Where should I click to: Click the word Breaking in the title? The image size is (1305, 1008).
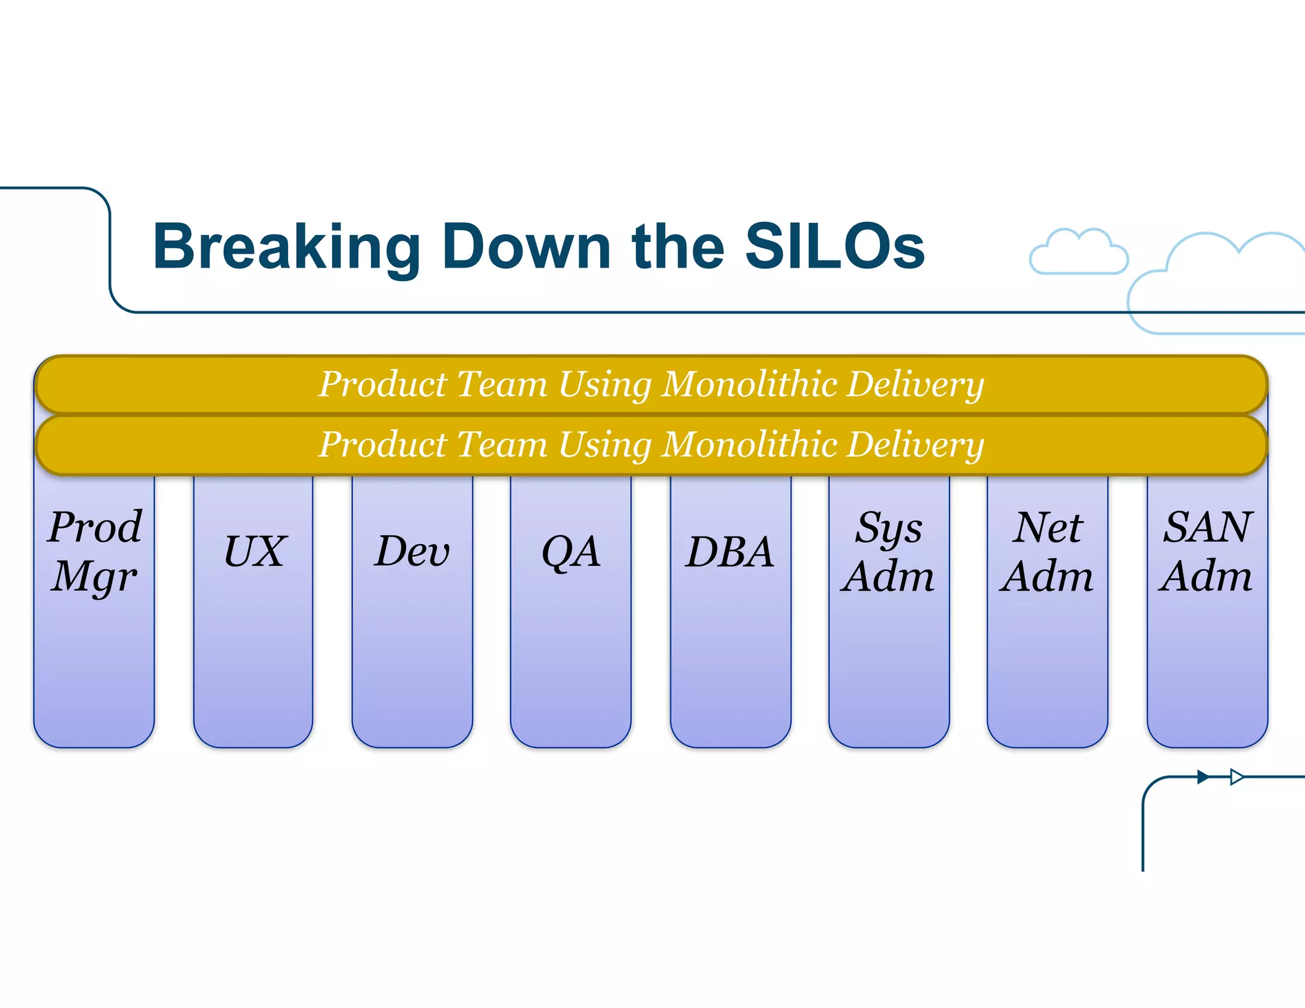[287, 248]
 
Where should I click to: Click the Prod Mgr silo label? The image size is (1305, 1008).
[95, 552]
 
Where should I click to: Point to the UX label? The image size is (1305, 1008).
[255, 552]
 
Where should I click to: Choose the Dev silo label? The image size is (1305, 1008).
[412, 552]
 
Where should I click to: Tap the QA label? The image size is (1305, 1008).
[571, 552]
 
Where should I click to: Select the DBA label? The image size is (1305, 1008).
[730, 552]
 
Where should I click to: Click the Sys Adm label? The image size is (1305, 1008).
[888, 552]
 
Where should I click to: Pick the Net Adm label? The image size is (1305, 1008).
[1047, 552]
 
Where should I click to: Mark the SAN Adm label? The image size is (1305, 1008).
[1207, 552]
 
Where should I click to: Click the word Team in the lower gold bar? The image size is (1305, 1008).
[502, 444]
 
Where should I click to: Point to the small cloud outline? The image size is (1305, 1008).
[1079, 253]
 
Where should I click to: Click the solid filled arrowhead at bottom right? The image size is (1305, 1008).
[1202, 777]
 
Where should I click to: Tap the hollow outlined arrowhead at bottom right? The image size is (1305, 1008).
[1236, 777]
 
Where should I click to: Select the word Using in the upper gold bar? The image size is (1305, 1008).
[605, 385]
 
